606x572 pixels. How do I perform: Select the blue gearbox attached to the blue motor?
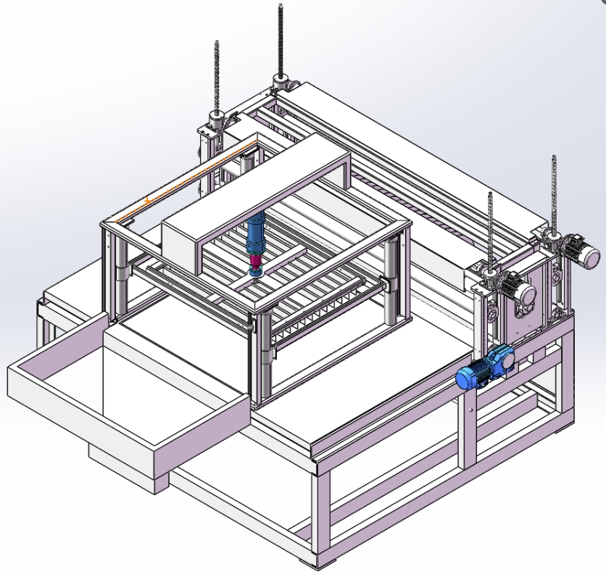click(499, 360)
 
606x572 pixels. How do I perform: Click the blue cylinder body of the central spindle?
click(256, 233)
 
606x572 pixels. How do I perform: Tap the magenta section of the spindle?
click(255, 260)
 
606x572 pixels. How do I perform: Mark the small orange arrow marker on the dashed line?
click(148, 199)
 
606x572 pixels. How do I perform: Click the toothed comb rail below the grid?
click(326, 304)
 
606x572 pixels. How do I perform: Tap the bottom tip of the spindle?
click(255, 273)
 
